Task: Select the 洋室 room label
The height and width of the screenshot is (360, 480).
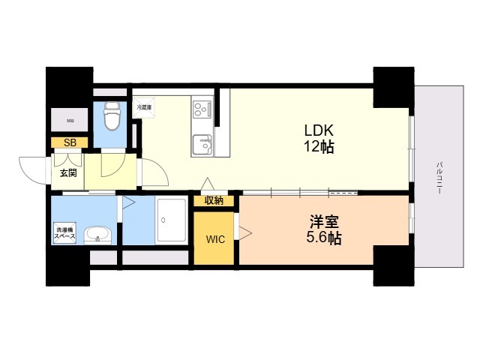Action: click(325, 223)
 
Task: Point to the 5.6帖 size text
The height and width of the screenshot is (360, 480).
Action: click(325, 239)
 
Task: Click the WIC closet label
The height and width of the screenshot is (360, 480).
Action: click(215, 241)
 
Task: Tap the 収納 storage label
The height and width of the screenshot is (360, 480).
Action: click(214, 200)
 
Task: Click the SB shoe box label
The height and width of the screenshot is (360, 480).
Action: click(69, 142)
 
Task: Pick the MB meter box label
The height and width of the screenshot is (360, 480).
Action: click(70, 121)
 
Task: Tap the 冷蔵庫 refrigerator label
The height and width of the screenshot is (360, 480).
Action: click(144, 107)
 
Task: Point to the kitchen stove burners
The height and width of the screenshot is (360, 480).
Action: click(202, 110)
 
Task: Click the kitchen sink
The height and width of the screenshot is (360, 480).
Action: click(201, 143)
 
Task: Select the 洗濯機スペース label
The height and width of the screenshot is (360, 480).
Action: click(64, 232)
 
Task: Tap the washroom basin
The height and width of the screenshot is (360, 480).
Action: click(97, 235)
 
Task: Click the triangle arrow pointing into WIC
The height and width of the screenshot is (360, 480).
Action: click(244, 232)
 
